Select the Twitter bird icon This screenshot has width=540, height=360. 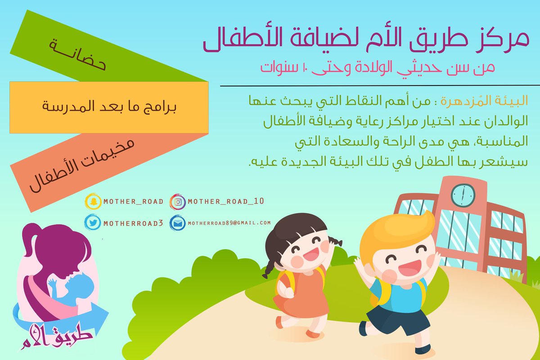point(92,222)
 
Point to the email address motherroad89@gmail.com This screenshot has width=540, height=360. point(229,222)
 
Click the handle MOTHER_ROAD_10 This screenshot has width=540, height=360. point(225,202)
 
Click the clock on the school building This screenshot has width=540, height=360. point(463,194)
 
